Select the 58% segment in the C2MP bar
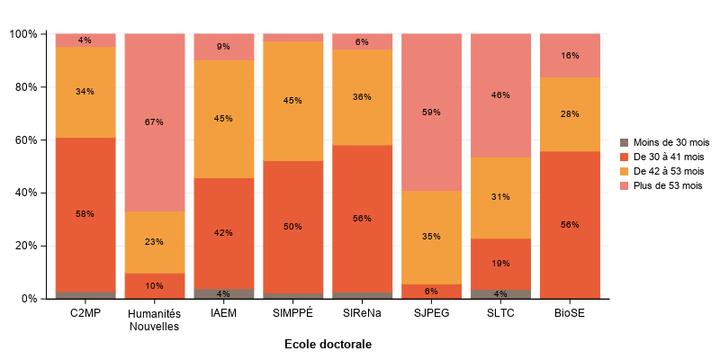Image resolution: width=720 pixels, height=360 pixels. (x=85, y=214)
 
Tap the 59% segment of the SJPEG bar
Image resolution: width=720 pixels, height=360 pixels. (x=431, y=112)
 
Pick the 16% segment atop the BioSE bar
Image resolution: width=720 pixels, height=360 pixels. (x=570, y=56)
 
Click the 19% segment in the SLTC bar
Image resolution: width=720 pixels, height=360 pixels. (x=500, y=264)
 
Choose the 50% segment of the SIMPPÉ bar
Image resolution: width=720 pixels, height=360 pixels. (x=292, y=227)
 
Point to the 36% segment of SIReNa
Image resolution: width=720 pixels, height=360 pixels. (x=362, y=97)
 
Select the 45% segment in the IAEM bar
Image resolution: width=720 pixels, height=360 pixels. (x=223, y=119)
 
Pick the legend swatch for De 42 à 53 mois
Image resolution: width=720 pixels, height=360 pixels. (x=625, y=171)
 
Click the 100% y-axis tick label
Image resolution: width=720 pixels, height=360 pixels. (x=22, y=34)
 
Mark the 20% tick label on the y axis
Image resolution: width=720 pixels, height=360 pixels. (x=24, y=246)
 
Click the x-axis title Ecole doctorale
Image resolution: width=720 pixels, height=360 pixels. (x=328, y=345)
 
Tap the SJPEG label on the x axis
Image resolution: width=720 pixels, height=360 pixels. (x=431, y=313)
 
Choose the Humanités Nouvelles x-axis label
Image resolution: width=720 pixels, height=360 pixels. (x=154, y=319)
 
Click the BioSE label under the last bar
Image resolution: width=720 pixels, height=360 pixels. (x=570, y=313)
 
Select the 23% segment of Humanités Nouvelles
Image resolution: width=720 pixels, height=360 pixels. (x=154, y=242)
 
